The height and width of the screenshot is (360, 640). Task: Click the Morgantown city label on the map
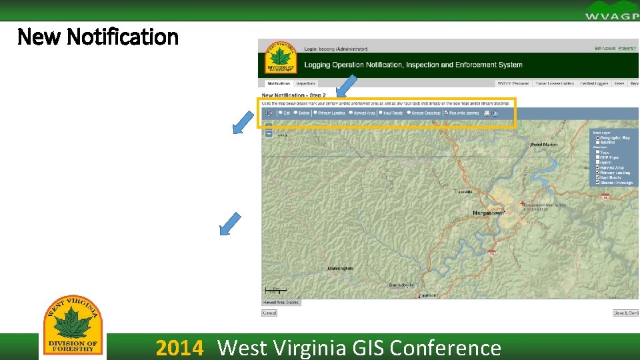(x=489, y=212)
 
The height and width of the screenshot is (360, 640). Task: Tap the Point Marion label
(x=544, y=145)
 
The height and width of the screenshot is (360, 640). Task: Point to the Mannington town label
(x=340, y=269)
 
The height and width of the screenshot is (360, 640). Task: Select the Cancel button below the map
(x=269, y=313)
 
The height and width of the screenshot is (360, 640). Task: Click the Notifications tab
(x=279, y=84)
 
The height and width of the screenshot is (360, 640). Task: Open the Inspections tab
(x=306, y=84)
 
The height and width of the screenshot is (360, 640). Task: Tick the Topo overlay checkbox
(x=597, y=153)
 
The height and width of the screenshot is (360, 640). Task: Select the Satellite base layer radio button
(x=597, y=142)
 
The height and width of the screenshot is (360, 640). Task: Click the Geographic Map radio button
(x=597, y=137)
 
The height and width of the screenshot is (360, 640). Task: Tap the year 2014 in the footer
(x=179, y=348)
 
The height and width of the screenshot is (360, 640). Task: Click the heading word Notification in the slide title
(x=123, y=36)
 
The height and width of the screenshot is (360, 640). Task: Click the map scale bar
(x=275, y=291)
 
